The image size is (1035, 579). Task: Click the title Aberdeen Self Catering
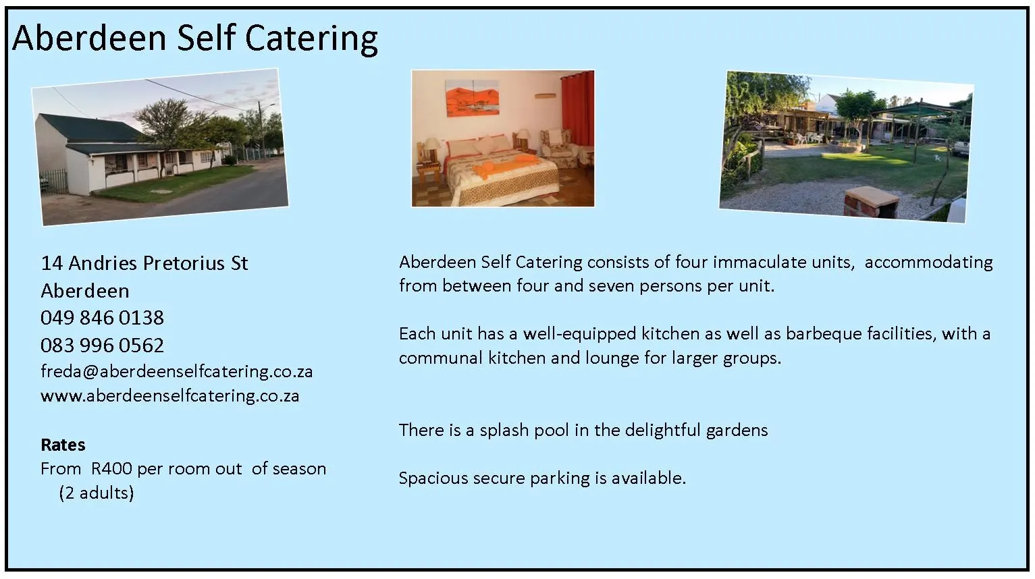click(x=195, y=38)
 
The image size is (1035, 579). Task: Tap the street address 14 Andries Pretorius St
click(x=144, y=263)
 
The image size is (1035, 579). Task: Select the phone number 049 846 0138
click(x=102, y=318)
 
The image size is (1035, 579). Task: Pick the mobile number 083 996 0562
click(x=102, y=346)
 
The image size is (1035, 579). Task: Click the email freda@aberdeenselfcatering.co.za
click(x=176, y=372)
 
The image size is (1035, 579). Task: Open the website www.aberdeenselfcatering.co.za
click(x=170, y=395)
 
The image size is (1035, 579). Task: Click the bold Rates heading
click(x=63, y=445)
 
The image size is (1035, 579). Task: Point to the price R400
click(x=111, y=468)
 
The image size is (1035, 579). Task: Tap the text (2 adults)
click(x=97, y=493)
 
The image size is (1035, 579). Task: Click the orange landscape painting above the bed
click(x=472, y=97)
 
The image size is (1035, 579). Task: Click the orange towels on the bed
click(x=504, y=166)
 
